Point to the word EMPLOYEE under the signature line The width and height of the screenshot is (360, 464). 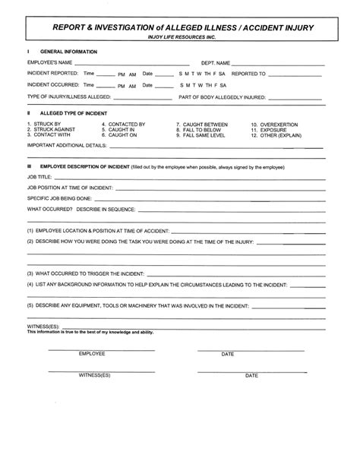91,354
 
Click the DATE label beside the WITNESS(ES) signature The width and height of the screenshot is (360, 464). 251,376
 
